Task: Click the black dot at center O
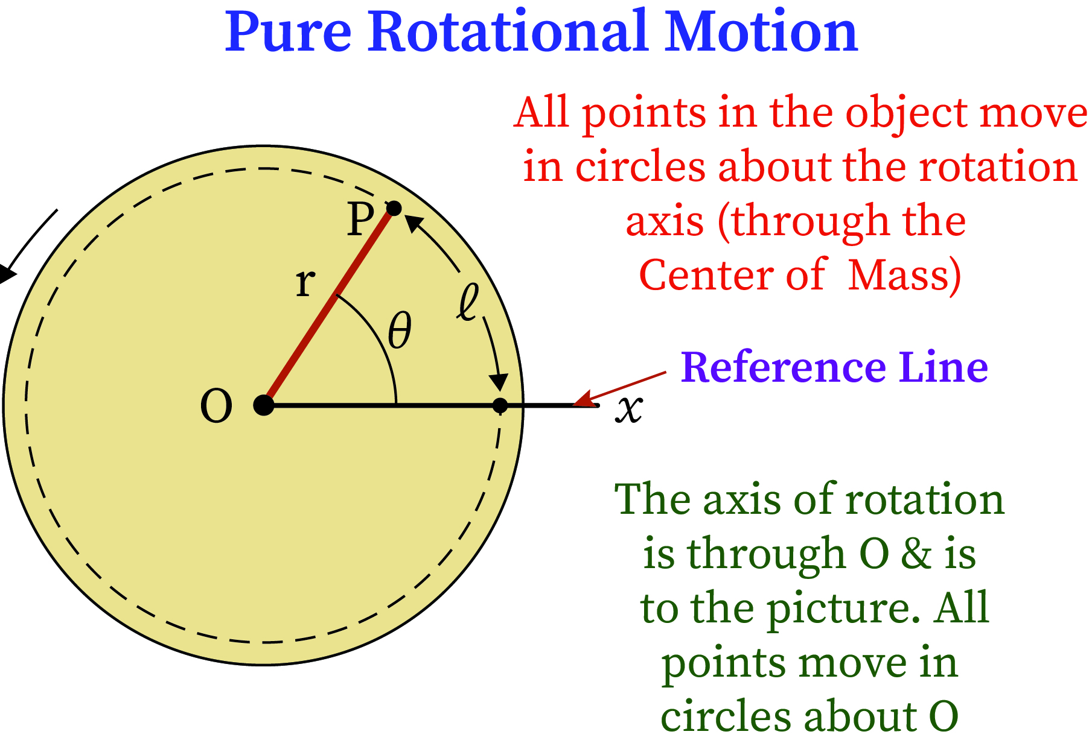tap(264, 405)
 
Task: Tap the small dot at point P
tap(394, 209)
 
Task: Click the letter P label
tap(360, 220)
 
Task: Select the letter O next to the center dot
tap(216, 406)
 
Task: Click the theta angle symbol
tap(400, 330)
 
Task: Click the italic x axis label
tap(629, 409)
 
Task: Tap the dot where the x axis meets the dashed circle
tap(500, 405)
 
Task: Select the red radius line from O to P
tap(329, 306)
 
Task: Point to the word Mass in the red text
tap(904, 275)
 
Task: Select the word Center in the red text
tap(703, 275)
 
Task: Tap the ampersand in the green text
tap(916, 554)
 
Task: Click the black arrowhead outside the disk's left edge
tap(6, 274)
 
